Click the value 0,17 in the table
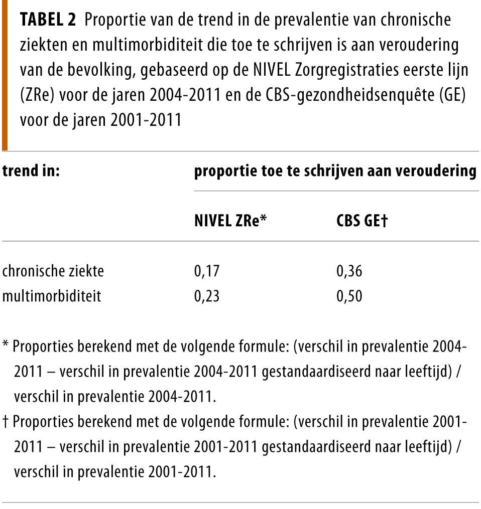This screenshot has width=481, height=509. [x=207, y=272]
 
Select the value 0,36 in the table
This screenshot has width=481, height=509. [x=349, y=272]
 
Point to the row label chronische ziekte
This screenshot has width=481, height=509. [x=53, y=272]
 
